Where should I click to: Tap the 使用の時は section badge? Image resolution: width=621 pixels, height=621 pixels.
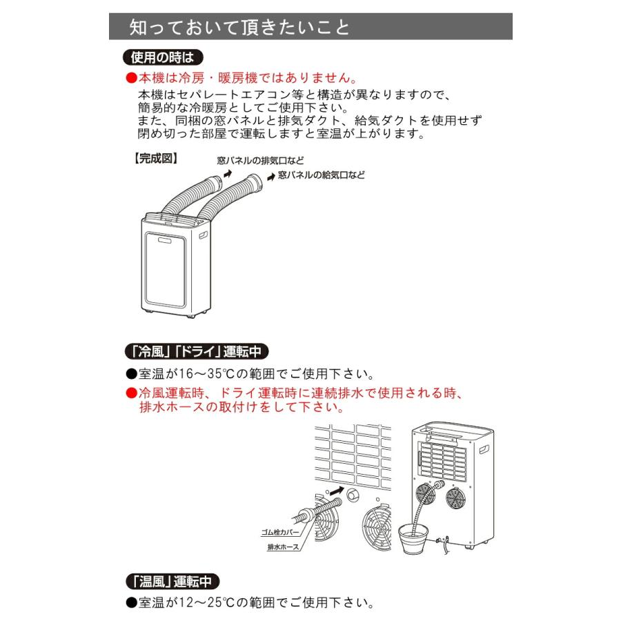tap(161, 57)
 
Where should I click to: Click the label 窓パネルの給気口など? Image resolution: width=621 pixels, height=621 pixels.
tap(321, 176)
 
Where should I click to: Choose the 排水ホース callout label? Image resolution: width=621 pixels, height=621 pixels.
tap(284, 546)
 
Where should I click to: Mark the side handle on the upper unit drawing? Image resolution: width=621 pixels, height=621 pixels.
tap(204, 235)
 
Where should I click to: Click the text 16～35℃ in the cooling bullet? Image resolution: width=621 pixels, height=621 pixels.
tap(201, 375)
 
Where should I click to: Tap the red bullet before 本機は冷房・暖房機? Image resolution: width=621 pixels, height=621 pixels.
tap(131, 79)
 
